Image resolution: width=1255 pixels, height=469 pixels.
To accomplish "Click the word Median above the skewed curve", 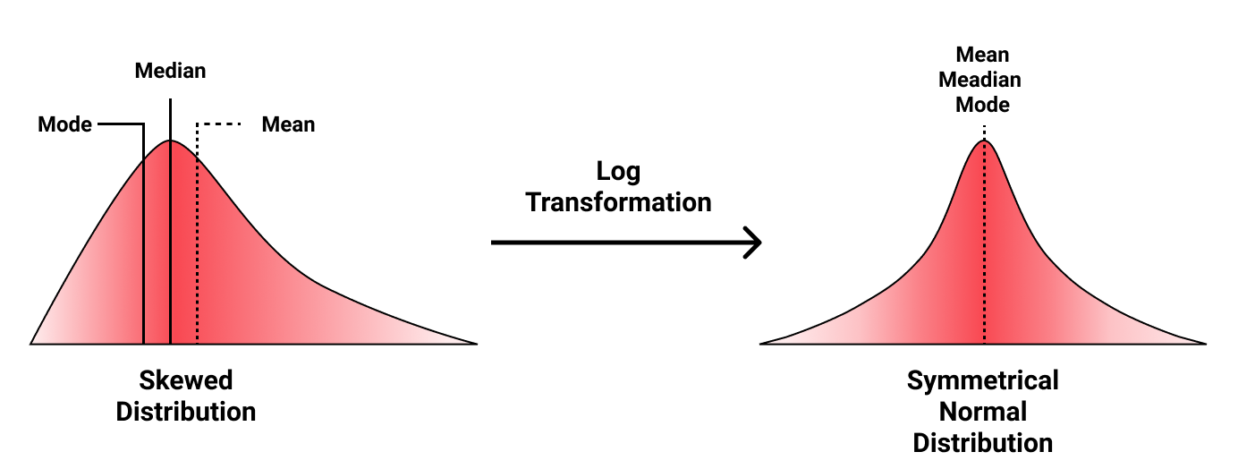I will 170,71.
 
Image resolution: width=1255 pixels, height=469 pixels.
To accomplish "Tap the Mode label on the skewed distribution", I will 64,124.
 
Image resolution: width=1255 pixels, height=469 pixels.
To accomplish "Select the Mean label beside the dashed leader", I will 288,124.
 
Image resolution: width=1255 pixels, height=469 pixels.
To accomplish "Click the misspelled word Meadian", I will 979,80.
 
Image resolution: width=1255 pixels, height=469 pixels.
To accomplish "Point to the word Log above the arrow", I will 618,172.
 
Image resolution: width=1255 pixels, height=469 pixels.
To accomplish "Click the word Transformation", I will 618,202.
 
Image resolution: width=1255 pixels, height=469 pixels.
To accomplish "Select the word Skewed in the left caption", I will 186,380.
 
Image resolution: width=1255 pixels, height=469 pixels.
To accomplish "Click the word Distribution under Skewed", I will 186,412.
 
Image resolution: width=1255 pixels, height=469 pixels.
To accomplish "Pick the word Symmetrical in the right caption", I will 982,380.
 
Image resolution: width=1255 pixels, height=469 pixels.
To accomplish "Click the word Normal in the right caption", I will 982,412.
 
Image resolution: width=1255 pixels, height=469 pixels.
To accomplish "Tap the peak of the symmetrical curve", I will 984,141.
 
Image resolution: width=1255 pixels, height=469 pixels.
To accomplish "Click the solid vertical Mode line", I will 143,251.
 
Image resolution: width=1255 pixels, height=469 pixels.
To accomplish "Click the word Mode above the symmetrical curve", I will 982,105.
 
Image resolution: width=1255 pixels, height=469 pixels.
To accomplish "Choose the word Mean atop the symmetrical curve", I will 982,55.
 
